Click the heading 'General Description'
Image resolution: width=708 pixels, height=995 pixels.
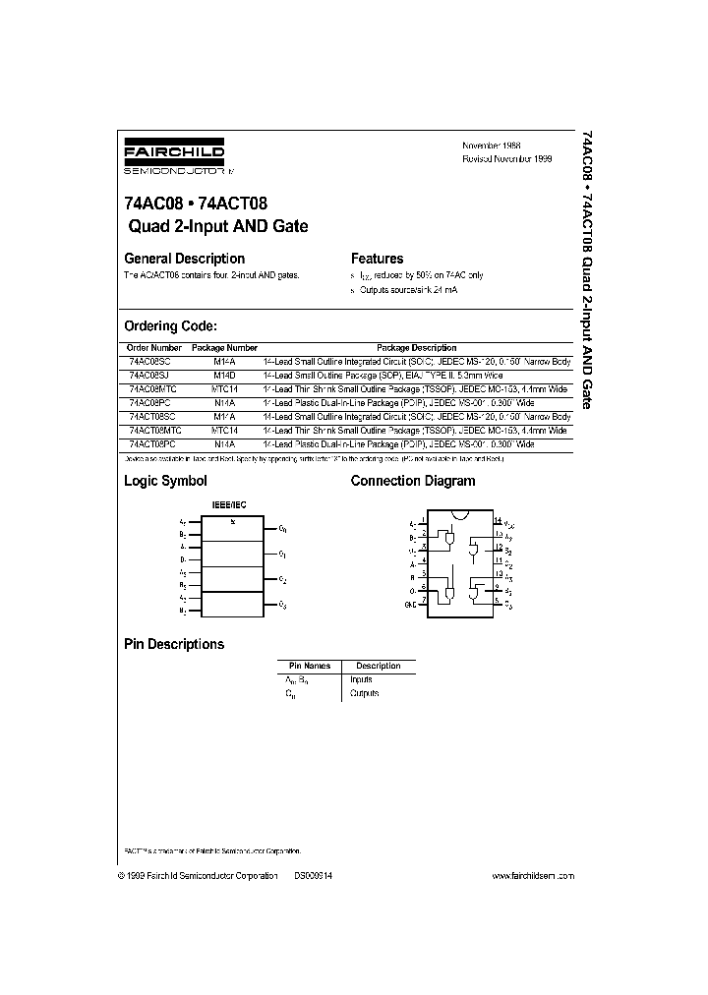tap(184, 259)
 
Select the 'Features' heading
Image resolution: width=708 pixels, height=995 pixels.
tap(378, 259)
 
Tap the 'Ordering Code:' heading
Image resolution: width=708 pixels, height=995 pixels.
tap(169, 326)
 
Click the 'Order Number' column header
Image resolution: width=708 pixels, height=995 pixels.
tap(154, 348)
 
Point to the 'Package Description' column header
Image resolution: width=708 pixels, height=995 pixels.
tap(417, 348)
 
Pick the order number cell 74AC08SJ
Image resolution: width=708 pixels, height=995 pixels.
tap(149, 376)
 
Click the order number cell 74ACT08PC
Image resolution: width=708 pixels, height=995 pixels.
tap(152, 444)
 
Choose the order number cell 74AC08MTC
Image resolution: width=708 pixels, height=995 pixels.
tap(152, 389)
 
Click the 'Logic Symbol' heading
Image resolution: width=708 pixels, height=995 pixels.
tap(165, 481)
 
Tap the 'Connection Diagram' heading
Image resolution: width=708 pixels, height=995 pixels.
tap(413, 481)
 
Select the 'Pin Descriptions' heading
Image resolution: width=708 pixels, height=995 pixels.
tap(173, 644)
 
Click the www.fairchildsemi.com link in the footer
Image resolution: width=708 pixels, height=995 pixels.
tap(532, 875)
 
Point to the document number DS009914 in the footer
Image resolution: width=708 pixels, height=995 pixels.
tap(313, 875)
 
